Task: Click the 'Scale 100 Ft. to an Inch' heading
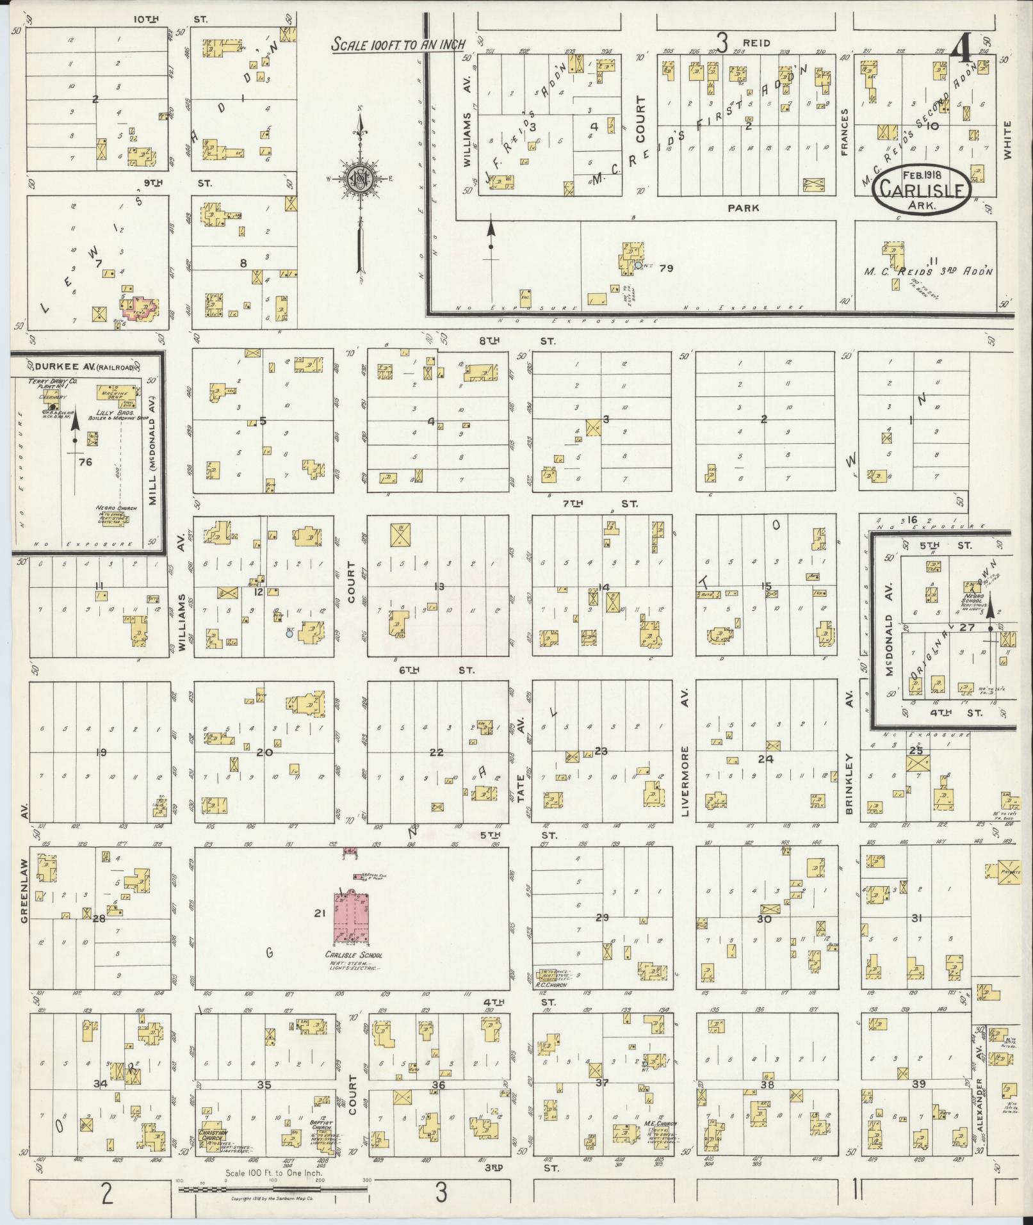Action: click(398, 45)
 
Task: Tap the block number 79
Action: click(665, 268)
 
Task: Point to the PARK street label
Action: click(743, 207)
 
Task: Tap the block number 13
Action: click(439, 586)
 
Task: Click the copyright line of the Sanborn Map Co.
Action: click(273, 1197)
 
